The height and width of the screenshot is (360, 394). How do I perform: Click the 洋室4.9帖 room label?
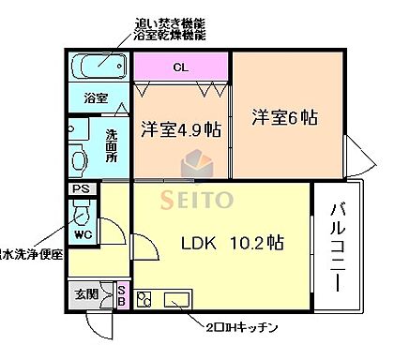coord(181,128)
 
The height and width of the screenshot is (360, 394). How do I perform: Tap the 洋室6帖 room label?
coord(283,118)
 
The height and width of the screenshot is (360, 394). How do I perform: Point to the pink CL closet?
coord(180,67)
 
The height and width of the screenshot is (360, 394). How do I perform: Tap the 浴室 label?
coord(96,97)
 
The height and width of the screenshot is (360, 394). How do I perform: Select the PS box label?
coord(82,188)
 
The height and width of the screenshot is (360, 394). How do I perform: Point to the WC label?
coord(83,233)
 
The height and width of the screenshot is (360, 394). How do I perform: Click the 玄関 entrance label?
coord(85,292)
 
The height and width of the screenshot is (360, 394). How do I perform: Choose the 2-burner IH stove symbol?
coord(145,301)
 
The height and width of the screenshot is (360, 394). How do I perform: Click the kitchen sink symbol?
coord(178,301)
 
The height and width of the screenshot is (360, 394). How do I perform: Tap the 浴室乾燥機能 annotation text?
coord(168,35)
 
